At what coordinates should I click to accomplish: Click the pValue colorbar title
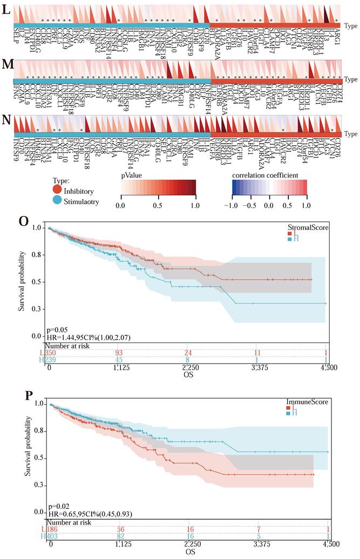pos(134,176)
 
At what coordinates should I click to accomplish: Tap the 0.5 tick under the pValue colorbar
pos(157,206)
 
